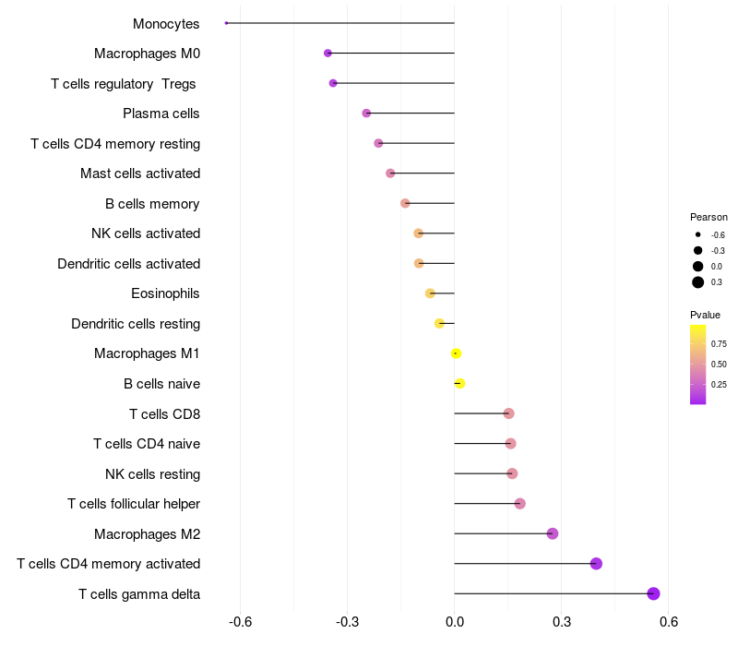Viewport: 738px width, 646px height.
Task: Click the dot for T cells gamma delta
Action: coord(654,593)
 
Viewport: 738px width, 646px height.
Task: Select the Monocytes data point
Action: coord(226,23)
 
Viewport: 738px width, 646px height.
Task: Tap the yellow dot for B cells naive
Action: coord(459,384)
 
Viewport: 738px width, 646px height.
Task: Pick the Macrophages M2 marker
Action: coord(553,533)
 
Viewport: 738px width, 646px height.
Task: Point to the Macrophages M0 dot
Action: coord(327,54)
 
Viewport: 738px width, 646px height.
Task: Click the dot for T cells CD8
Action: coord(508,413)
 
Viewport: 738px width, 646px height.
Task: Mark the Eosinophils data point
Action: coord(430,293)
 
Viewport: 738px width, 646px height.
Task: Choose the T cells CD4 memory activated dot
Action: coord(596,564)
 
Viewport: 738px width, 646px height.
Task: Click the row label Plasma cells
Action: coord(161,114)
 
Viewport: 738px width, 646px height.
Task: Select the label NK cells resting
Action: coord(152,474)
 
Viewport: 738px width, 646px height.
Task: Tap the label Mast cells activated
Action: coord(140,173)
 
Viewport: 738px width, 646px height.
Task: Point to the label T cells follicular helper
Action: coord(134,504)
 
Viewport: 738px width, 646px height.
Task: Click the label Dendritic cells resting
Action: coord(136,324)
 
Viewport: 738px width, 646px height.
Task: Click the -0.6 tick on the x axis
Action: coord(241,622)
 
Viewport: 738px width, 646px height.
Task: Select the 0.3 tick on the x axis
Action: coord(562,622)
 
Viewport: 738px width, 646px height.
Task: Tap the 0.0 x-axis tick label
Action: coord(455,622)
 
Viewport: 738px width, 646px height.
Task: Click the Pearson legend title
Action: coord(708,217)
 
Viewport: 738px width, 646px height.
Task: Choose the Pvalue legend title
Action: coord(706,315)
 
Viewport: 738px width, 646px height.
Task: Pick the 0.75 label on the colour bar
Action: coord(719,343)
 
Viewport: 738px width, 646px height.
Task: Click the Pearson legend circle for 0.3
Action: coord(698,282)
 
